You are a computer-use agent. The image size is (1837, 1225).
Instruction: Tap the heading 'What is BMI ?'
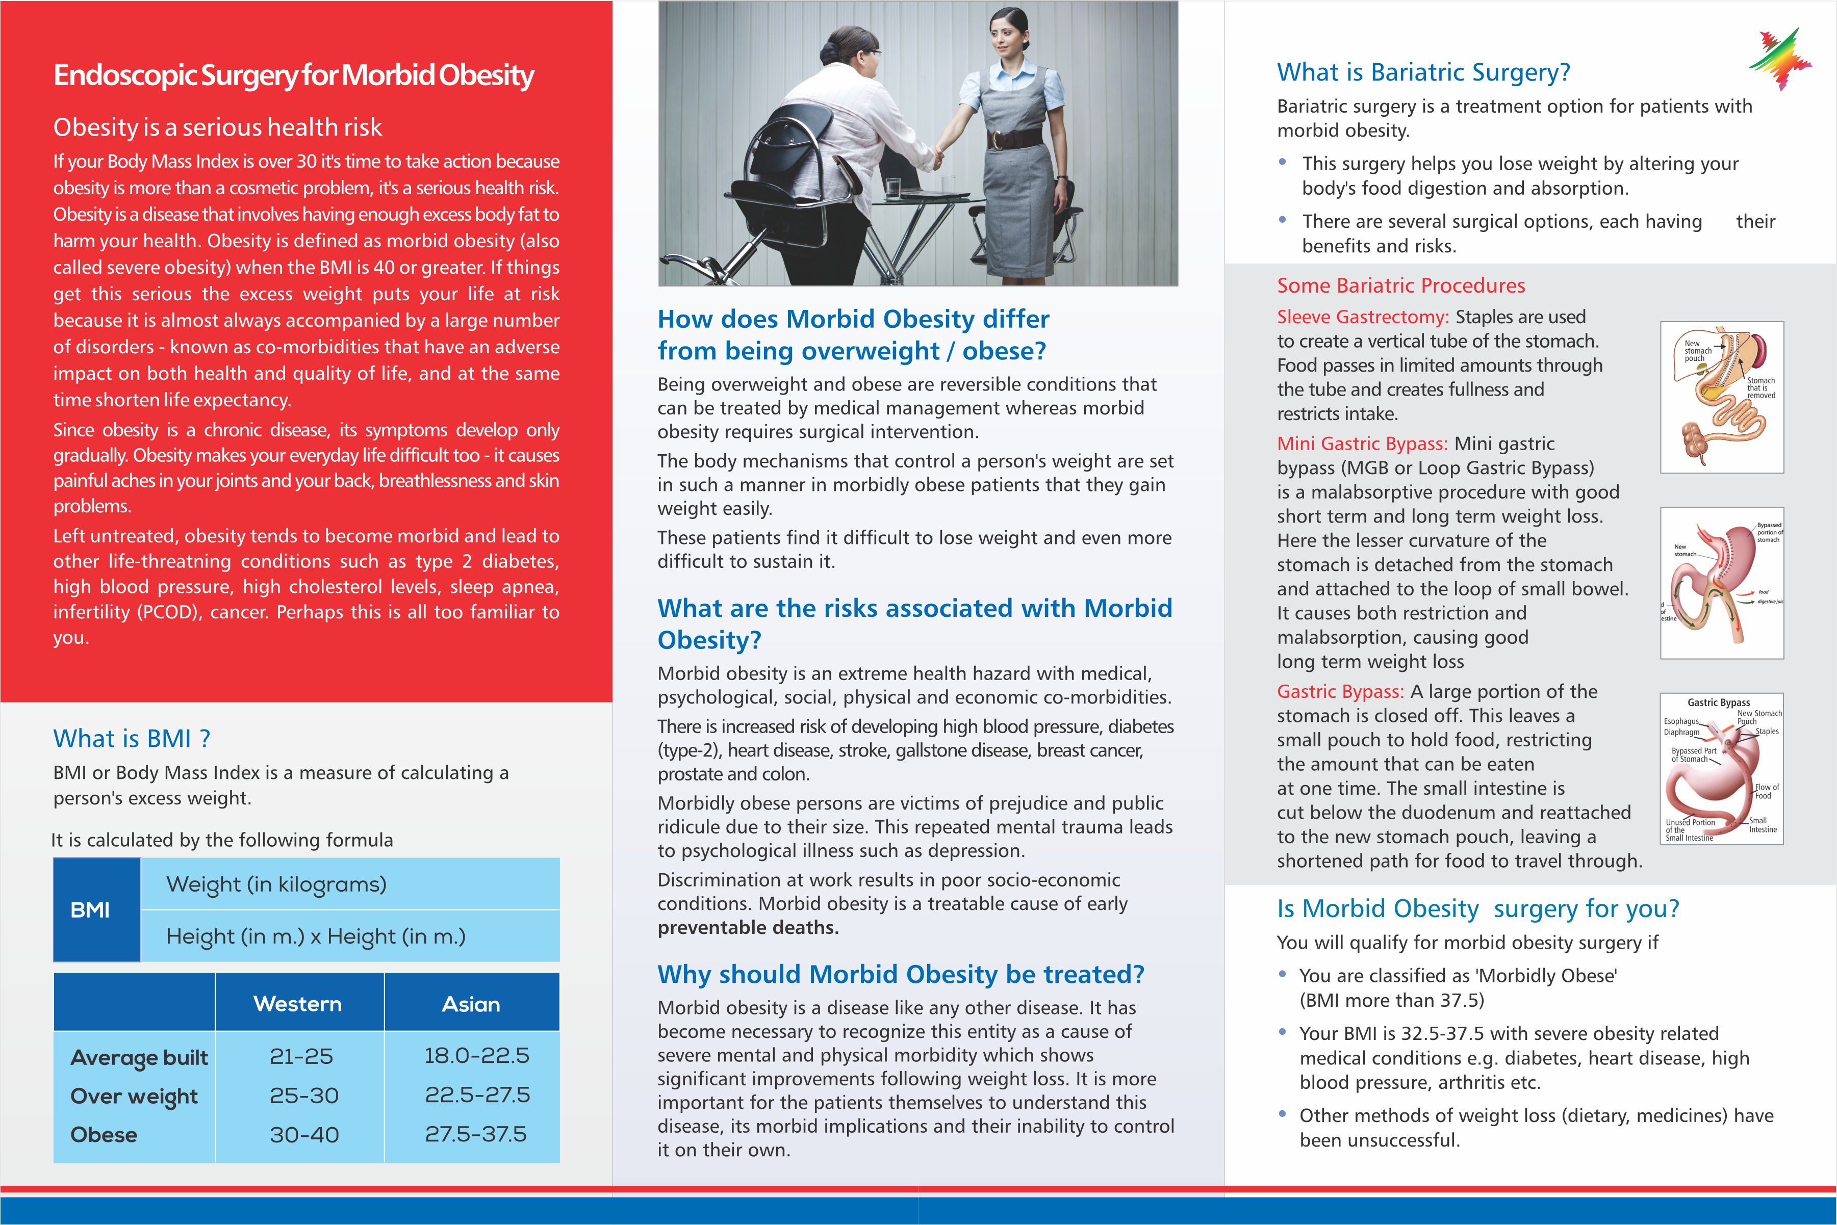(x=131, y=738)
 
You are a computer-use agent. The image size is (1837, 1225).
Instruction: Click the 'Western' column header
(x=298, y=1004)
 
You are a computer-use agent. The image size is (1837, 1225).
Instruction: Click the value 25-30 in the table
(x=304, y=1096)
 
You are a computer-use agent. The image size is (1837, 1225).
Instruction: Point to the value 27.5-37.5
(x=475, y=1134)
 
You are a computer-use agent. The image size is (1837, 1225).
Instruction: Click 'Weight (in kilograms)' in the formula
(x=276, y=884)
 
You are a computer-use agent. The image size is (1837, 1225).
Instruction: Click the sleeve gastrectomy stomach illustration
(x=1721, y=397)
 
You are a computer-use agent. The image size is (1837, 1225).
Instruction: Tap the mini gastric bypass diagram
(x=1721, y=583)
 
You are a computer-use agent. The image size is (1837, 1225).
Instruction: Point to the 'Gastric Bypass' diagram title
(x=1718, y=702)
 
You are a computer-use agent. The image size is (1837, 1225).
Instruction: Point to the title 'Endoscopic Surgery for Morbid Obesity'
(x=294, y=76)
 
